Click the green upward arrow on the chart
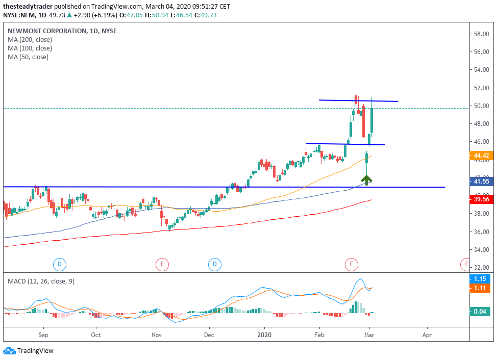click(366, 179)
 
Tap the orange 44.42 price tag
click(482, 156)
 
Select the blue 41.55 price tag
click(482, 181)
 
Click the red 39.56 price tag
click(482, 200)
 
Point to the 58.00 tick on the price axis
click(482, 34)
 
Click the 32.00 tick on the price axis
click(482, 267)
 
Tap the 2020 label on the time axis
click(264, 336)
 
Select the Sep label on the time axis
click(43, 336)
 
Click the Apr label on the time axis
click(427, 336)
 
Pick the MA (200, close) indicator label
click(30, 40)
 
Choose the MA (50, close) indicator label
click(28, 57)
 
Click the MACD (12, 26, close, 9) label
click(41, 281)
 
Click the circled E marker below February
click(351, 264)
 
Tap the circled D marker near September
click(60, 264)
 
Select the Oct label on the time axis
click(95, 336)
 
